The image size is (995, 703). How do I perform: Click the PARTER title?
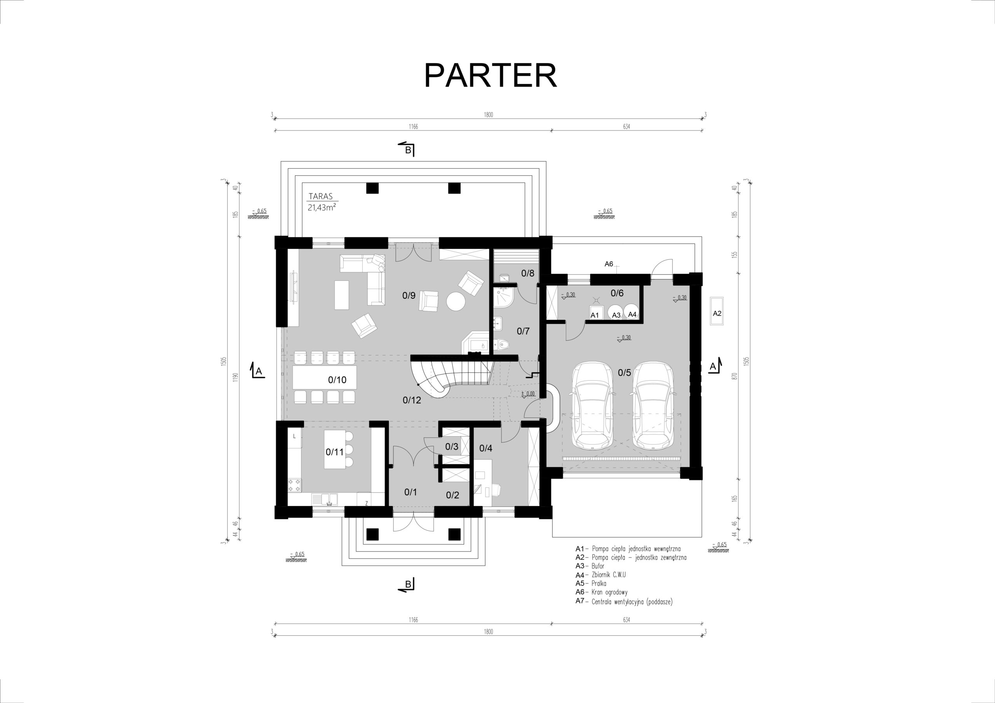click(x=490, y=76)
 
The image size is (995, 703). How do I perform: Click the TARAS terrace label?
click(x=320, y=196)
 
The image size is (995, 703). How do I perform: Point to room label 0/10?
click(x=337, y=380)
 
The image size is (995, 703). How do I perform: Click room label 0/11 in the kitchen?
click(x=335, y=452)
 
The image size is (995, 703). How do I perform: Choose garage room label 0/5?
click(x=625, y=372)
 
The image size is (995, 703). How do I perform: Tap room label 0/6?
click(x=617, y=293)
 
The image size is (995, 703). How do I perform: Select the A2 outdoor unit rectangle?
click(x=717, y=313)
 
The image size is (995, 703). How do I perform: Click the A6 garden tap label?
click(x=609, y=264)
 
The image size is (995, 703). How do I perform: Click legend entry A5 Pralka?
click(x=591, y=583)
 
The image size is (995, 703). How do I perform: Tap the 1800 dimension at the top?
click(x=489, y=115)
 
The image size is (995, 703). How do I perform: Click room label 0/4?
click(x=486, y=448)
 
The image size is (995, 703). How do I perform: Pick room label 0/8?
click(x=528, y=273)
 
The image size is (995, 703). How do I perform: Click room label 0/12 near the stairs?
click(x=412, y=400)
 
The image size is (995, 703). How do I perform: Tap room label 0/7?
click(x=523, y=331)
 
